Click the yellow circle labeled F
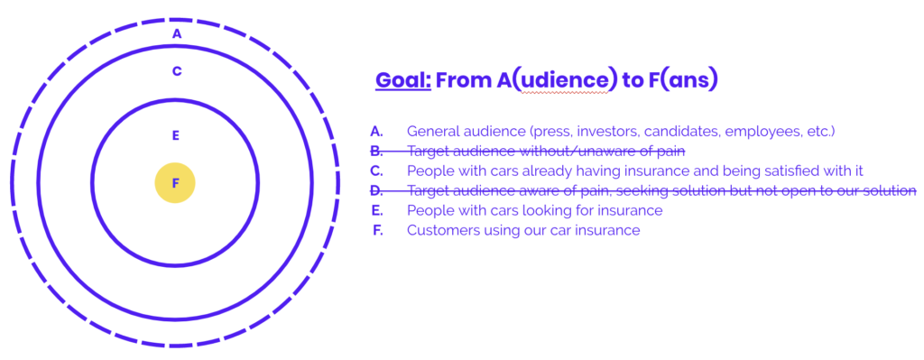(x=175, y=182)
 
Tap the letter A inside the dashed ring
(x=177, y=34)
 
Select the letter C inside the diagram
(x=177, y=71)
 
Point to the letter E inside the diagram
(x=175, y=135)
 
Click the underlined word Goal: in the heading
(x=403, y=80)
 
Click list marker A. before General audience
(x=376, y=132)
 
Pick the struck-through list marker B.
(x=376, y=152)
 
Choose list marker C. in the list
(x=376, y=171)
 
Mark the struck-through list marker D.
(x=376, y=191)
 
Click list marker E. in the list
(x=377, y=210)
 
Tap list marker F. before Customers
(x=378, y=230)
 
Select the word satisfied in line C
(x=750, y=171)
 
